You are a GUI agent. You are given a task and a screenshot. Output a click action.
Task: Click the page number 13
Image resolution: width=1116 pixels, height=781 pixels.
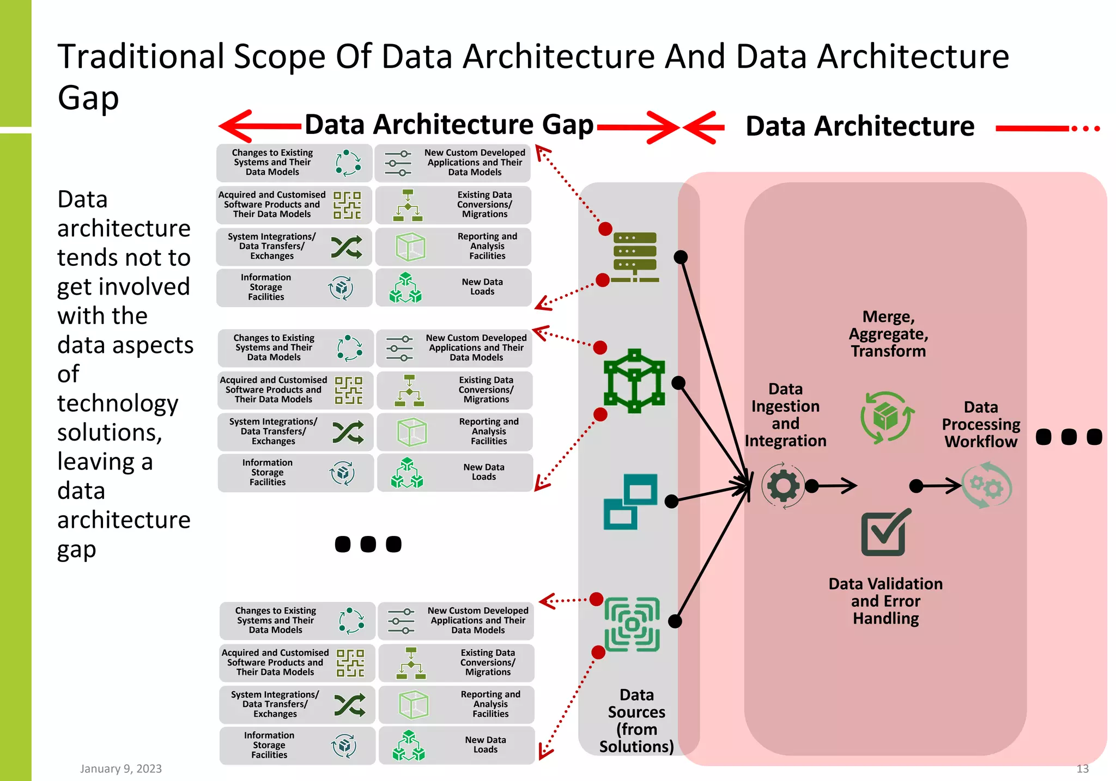pos(1082,768)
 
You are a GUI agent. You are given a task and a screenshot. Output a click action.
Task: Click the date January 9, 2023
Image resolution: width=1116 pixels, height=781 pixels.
pos(121,768)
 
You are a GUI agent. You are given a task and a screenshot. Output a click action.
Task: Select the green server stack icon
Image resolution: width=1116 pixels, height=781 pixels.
pos(635,257)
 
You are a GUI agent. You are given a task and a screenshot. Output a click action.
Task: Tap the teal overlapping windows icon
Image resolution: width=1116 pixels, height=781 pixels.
pos(630,502)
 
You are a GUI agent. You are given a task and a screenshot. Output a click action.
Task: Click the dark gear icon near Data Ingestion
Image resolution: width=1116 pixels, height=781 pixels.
pos(783,485)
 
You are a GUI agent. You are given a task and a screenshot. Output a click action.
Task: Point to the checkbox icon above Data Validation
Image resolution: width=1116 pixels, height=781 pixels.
pos(885,533)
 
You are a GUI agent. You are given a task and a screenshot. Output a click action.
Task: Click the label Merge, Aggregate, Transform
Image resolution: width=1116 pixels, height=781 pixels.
pos(888,334)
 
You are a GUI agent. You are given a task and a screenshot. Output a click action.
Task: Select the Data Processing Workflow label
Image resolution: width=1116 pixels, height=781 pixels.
pos(981,424)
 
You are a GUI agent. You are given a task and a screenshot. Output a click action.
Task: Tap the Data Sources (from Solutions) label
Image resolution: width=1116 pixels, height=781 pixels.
pos(636,720)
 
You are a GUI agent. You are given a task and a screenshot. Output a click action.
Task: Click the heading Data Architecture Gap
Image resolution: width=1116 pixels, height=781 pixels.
pos(448,125)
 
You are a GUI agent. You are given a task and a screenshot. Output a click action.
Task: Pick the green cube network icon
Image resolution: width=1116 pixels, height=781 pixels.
pos(634,381)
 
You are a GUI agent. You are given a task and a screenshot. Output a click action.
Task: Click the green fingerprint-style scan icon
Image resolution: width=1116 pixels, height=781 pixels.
pos(632,624)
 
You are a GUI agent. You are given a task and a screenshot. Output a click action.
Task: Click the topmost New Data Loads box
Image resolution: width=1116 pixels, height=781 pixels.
pos(453,287)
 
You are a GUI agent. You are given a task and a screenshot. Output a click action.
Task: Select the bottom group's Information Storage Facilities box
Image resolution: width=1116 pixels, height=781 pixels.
pos(297,745)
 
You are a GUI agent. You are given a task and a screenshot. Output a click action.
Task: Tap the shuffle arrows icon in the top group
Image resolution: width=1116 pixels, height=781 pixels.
pos(347,247)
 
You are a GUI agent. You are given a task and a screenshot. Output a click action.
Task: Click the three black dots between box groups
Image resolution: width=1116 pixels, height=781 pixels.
pos(368,544)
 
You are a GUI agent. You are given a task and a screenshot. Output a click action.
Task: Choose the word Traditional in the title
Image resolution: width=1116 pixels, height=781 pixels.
pos(141,57)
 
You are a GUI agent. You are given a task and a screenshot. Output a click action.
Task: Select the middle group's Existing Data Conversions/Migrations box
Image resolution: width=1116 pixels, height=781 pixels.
pos(454,390)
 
